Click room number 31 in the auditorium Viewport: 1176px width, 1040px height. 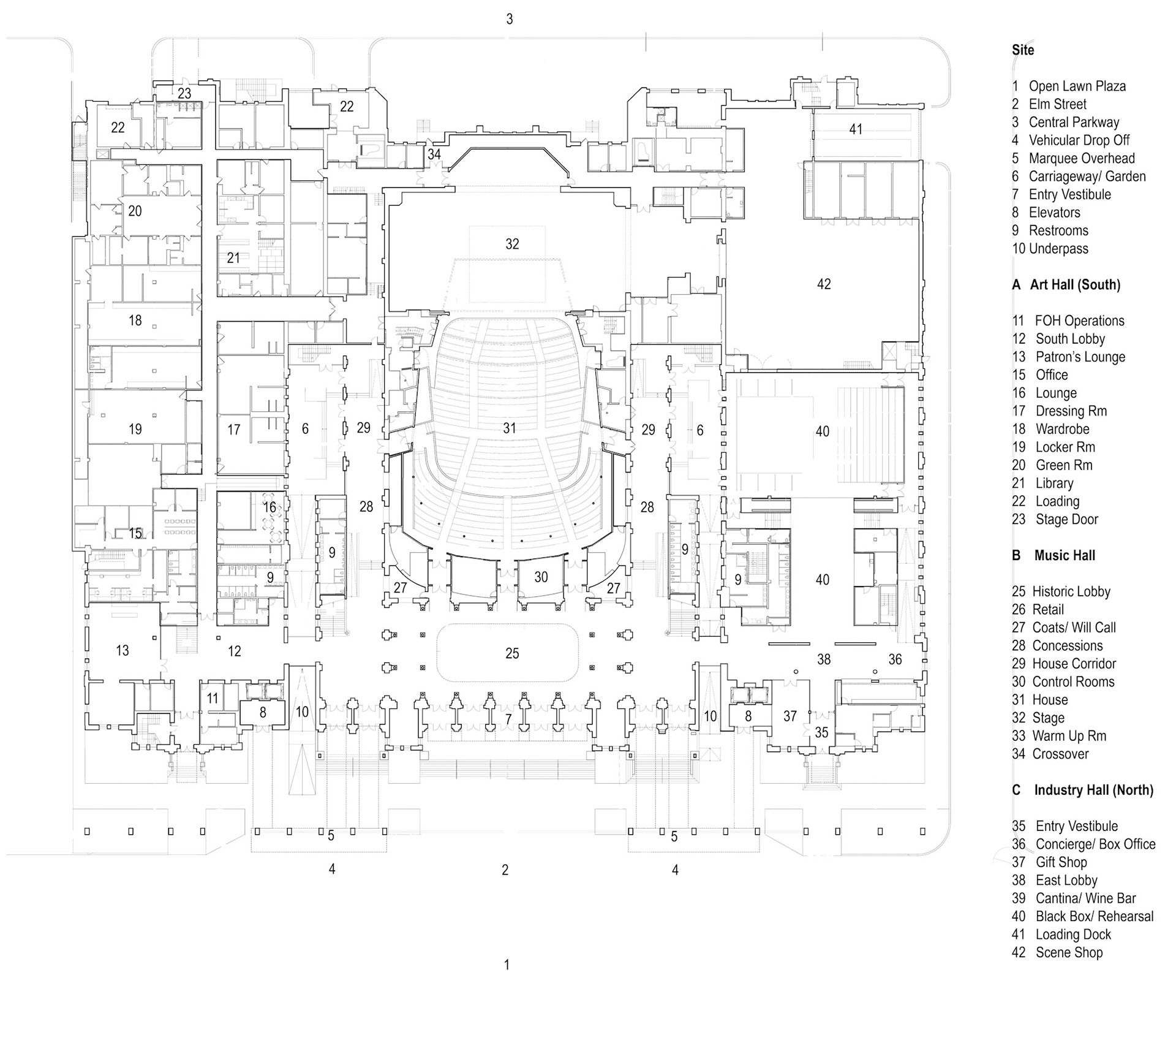click(x=509, y=428)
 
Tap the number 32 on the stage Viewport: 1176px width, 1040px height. click(x=512, y=244)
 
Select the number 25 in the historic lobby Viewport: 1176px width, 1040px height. click(x=512, y=653)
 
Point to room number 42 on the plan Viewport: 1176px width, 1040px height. click(x=824, y=284)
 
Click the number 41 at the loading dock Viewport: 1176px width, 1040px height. click(x=856, y=129)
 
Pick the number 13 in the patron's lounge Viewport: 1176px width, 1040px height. click(x=123, y=650)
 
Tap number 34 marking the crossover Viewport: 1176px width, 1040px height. click(x=434, y=154)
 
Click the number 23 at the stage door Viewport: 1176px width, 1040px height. click(x=184, y=94)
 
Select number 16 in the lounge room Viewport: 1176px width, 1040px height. click(x=269, y=507)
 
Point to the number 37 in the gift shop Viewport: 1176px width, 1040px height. click(x=790, y=715)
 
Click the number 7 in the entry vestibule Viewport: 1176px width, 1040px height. click(x=508, y=719)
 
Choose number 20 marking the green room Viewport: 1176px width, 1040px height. click(x=135, y=211)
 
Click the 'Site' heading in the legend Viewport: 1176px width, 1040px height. click(x=1023, y=50)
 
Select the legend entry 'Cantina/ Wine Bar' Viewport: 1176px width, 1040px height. click(x=1085, y=898)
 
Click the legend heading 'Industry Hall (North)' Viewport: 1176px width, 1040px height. click(x=1093, y=790)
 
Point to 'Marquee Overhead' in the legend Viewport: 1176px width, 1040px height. click(x=1082, y=158)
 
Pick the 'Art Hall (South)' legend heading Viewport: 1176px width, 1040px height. click(x=1075, y=284)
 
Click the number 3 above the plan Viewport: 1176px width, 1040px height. click(x=509, y=19)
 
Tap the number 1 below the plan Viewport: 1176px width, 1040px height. click(x=507, y=965)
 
